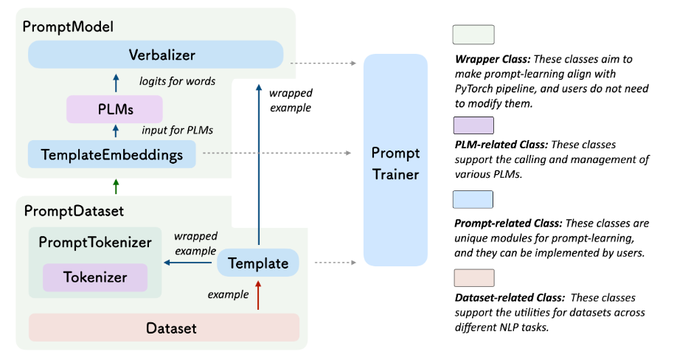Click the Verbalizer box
155,55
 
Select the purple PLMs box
114,109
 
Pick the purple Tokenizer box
94,278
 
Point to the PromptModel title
68,27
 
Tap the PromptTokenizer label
94,242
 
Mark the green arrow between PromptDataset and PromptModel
114,184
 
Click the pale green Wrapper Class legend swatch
473,35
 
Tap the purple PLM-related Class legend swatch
473,125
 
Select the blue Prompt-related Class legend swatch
473,200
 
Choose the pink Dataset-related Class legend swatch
473,278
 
